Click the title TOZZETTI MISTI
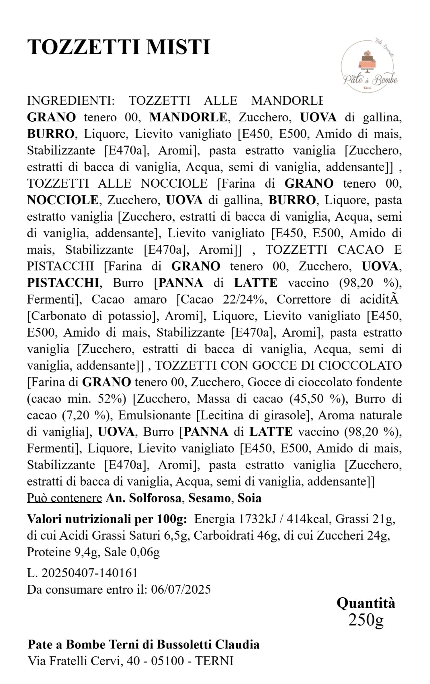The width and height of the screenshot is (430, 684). [119, 47]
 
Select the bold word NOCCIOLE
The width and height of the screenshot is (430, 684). [62, 200]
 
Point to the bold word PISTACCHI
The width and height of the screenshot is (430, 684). [63, 283]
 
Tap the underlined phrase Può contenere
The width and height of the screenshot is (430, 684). [64, 498]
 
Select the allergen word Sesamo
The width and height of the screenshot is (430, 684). [209, 498]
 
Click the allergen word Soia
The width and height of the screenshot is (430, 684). [250, 498]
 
